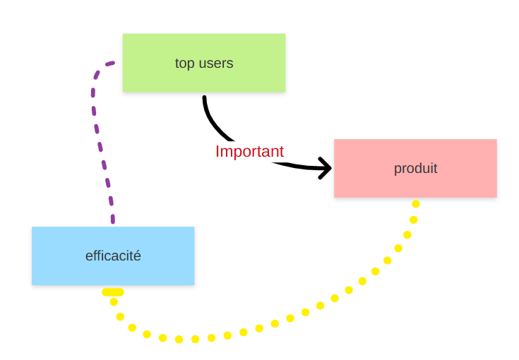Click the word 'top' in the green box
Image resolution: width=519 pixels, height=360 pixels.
(184, 64)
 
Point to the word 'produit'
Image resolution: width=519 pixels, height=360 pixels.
(415, 169)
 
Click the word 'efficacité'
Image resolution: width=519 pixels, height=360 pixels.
(113, 256)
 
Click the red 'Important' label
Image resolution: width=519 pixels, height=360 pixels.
(249, 151)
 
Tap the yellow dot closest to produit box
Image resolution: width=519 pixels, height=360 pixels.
(416, 204)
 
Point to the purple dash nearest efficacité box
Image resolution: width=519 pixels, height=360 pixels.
(112, 217)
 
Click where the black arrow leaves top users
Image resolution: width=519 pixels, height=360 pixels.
(204, 98)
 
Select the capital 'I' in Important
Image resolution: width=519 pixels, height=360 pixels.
(217, 151)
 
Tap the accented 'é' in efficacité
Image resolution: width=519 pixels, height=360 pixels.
(137, 256)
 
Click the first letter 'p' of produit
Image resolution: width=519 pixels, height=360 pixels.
(398, 169)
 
